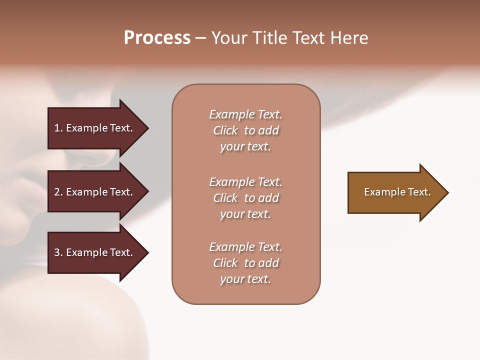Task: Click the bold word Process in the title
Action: (157, 38)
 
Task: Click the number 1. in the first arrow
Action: (58, 128)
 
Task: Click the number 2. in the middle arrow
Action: (58, 192)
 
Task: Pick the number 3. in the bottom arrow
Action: (58, 252)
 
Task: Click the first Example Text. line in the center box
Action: (245, 114)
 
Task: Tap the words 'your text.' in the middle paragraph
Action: (245, 214)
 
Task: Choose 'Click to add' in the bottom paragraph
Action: (245, 263)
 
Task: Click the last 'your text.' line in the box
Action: (245, 279)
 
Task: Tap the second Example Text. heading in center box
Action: (245, 182)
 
